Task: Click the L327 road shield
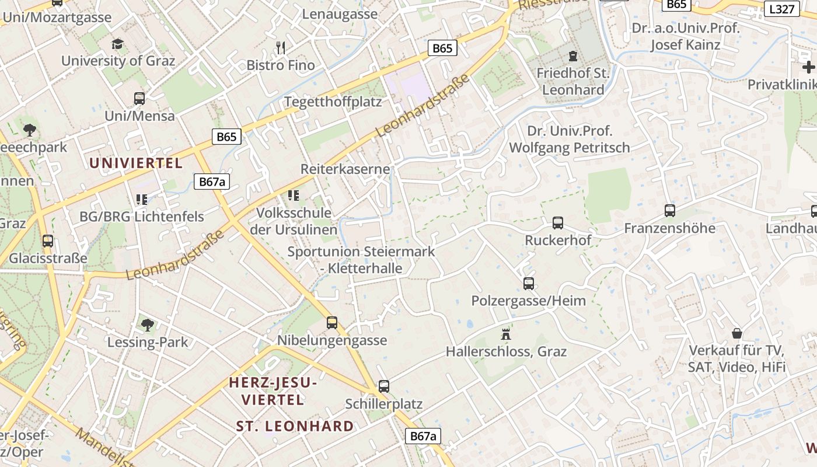(781, 9)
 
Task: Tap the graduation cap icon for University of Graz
(118, 44)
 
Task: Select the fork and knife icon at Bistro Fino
(281, 48)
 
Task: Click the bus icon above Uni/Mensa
(139, 98)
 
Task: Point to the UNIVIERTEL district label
(137, 163)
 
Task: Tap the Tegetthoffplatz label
(333, 102)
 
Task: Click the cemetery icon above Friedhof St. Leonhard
(572, 57)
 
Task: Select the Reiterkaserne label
(345, 169)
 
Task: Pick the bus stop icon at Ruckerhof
(558, 222)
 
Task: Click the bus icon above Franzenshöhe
(670, 210)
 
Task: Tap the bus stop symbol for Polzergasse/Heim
(529, 284)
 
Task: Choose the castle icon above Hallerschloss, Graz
(506, 334)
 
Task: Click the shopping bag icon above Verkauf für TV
(737, 333)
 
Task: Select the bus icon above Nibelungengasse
(332, 322)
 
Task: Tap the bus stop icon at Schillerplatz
(383, 386)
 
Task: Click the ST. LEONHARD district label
(295, 426)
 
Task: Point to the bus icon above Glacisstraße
(48, 241)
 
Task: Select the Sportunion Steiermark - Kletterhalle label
(361, 260)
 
